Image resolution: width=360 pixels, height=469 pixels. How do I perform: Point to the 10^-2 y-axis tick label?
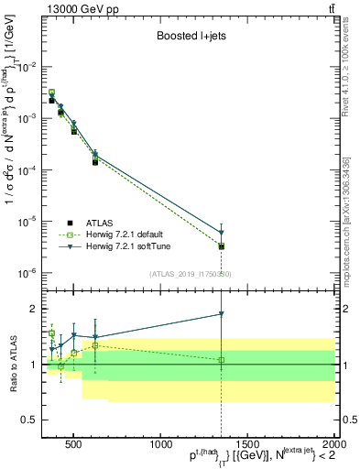click(29, 67)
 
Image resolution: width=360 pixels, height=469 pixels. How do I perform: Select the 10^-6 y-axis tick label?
click(29, 273)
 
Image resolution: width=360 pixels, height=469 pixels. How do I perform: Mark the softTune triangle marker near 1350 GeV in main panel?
click(221, 233)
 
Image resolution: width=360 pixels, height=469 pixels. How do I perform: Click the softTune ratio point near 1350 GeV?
click(221, 314)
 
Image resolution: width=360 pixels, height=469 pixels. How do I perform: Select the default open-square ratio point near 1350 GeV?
click(221, 359)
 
